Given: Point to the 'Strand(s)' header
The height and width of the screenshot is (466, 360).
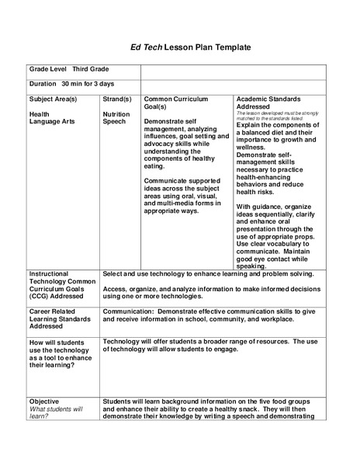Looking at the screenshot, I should click(117, 99).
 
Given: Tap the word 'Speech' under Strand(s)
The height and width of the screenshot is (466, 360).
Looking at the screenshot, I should click(114, 121).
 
